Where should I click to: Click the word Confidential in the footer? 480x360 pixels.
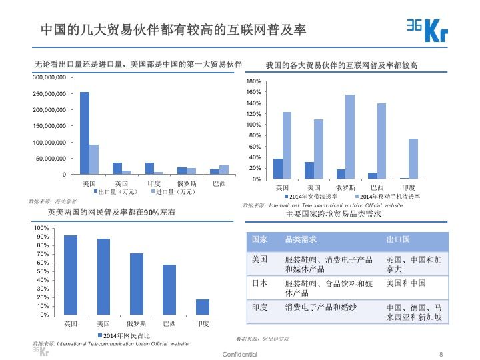coord(239,354)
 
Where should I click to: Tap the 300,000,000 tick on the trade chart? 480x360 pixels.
coord(49,78)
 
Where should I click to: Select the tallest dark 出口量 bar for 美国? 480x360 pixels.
coord(85,133)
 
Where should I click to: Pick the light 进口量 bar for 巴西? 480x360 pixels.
coord(223,170)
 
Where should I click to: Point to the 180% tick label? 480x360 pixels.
coord(253,81)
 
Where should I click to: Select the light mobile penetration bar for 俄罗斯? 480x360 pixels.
coord(350,137)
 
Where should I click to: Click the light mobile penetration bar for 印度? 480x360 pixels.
coord(413,159)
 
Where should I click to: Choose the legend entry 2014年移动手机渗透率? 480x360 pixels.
coord(389,197)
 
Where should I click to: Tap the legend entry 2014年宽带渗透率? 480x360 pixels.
coord(313,197)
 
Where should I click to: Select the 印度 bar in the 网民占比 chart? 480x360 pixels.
coord(203,307)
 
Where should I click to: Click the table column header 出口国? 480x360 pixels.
coord(398,239)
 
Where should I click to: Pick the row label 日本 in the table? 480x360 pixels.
coord(259,283)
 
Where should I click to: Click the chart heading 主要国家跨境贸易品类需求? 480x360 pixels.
coord(333,215)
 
